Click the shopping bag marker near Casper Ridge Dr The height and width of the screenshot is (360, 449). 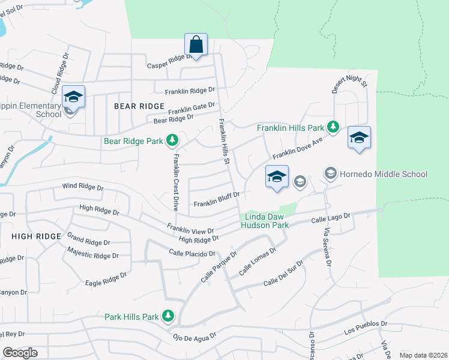point(196,44)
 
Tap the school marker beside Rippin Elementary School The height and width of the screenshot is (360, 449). point(73,97)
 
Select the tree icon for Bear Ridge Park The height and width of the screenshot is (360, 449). point(172,141)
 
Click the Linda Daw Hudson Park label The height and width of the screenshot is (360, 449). point(264,221)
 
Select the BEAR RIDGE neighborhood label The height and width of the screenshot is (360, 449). point(139,106)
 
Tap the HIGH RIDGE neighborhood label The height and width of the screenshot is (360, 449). point(36,236)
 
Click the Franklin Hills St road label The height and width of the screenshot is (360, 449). point(224,142)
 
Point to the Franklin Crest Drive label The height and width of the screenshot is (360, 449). point(176,182)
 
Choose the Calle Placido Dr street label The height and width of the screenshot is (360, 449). point(191,253)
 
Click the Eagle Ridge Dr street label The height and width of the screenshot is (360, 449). point(106,279)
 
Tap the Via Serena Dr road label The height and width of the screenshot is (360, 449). point(327,248)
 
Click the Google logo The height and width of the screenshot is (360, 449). point(20,353)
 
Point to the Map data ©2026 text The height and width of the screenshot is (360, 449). point(423,355)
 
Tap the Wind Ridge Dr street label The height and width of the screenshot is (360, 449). point(83,187)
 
